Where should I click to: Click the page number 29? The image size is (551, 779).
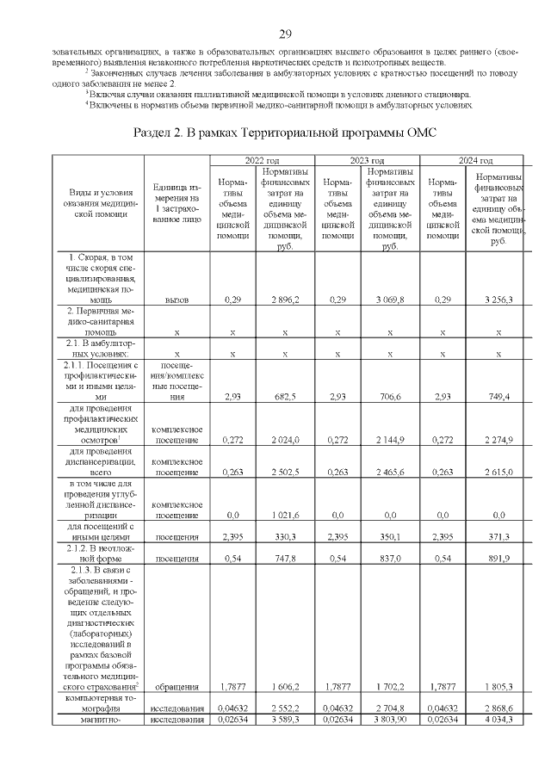(x=286, y=34)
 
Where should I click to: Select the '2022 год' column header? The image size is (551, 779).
(x=262, y=161)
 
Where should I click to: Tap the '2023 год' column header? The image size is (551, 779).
(x=366, y=161)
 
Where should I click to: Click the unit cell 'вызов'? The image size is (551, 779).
(x=176, y=299)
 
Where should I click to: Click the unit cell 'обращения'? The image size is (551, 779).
(x=176, y=687)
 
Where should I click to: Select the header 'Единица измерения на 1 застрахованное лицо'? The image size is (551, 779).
(x=176, y=203)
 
